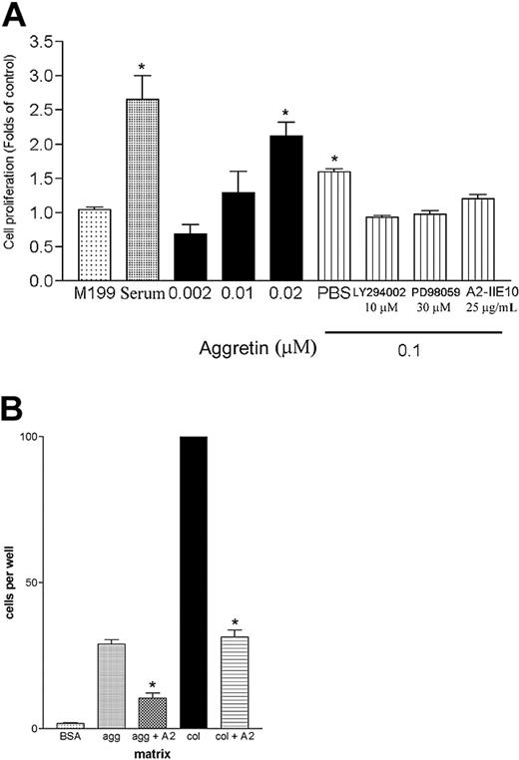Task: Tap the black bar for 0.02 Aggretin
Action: coord(287,208)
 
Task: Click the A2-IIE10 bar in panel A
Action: coord(478,239)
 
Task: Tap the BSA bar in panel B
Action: coord(70,725)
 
